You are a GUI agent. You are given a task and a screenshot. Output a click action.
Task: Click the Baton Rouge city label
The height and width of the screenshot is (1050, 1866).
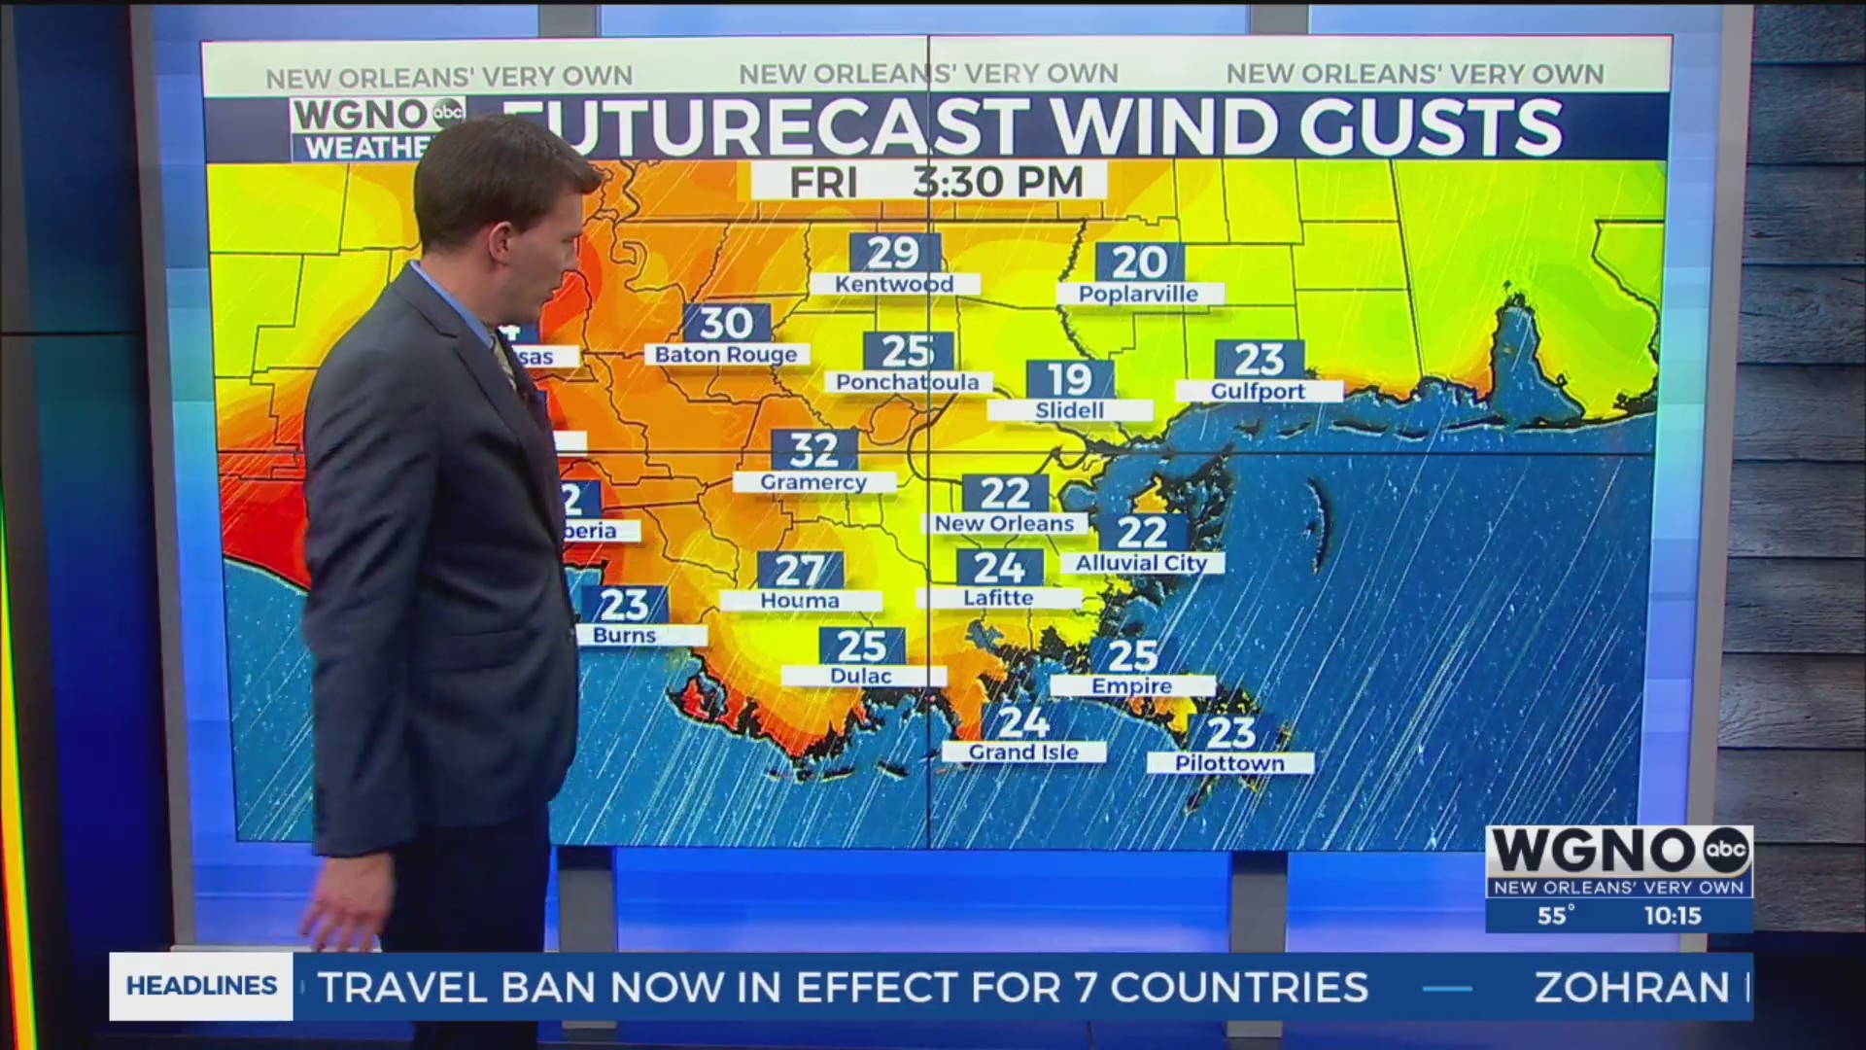(x=726, y=355)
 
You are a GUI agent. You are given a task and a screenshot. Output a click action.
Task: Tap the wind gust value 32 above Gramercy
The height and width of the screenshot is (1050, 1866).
(x=814, y=449)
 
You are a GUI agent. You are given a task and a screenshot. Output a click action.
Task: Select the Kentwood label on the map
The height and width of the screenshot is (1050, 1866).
(x=894, y=284)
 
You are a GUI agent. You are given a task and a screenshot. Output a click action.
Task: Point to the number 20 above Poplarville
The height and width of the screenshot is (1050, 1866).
(x=1139, y=262)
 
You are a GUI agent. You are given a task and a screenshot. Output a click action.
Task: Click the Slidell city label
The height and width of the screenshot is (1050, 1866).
(x=1069, y=410)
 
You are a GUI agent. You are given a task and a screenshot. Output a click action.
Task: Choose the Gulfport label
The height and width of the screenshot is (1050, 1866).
(x=1258, y=391)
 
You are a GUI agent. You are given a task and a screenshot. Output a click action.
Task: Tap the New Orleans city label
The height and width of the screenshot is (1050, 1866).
(x=1004, y=523)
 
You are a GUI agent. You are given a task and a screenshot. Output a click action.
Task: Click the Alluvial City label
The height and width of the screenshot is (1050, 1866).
(x=1141, y=563)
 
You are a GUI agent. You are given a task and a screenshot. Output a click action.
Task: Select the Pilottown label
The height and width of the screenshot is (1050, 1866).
(x=1229, y=763)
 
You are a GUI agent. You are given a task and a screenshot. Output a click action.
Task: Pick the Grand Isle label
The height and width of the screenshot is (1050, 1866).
(x=1023, y=752)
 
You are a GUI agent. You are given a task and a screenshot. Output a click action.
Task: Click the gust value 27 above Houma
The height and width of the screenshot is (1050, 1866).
(x=800, y=570)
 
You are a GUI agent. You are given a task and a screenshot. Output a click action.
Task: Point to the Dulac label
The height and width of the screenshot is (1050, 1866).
(x=861, y=676)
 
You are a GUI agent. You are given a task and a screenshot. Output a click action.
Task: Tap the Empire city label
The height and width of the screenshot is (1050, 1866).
(x=1131, y=685)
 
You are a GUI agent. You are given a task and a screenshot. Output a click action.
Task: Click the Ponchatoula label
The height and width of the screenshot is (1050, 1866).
(x=908, y=382)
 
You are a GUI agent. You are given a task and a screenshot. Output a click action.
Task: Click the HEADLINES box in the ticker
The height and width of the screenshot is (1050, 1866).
(x=201, y=986)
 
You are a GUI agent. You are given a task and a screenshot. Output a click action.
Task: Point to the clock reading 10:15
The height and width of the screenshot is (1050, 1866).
(x=1672, y=915)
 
